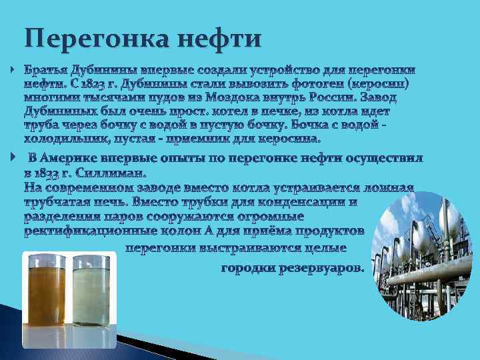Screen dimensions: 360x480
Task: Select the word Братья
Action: tap(46, 70)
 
